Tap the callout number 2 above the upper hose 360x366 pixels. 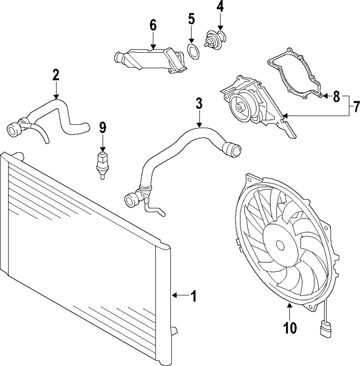[55, 75]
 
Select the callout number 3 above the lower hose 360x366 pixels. [199, 104]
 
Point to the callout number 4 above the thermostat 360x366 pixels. [220, 6]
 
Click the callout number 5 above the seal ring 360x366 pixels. [192, 19]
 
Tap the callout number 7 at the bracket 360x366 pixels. [356, 107]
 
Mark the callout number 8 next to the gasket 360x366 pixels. [336, 96]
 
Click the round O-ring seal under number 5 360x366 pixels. [193, 52]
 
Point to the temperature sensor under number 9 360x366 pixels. [102, 164]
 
